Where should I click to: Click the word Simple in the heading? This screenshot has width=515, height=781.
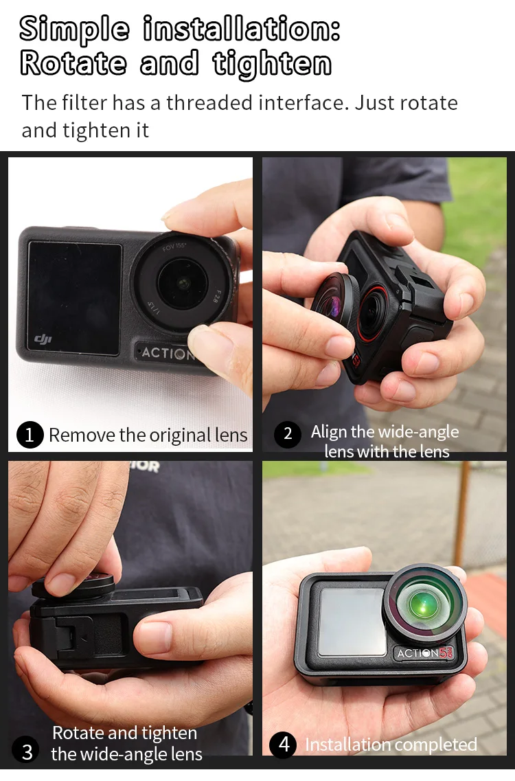pos(74,30)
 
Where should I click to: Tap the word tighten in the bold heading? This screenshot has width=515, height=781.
pos(272,65)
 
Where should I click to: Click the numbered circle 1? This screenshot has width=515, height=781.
pos(30,435)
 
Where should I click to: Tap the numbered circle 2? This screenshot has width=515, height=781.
pos(288,434)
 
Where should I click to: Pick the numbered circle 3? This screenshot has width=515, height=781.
pos(27,751)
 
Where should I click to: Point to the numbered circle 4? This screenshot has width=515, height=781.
pos(284,745)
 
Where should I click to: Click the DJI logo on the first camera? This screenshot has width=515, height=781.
pos(43,339)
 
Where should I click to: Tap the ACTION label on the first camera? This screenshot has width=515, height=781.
pos(166,353)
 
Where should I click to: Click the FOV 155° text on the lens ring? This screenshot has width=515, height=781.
pos(174,246)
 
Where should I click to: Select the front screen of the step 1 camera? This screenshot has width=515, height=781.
pos(74,298)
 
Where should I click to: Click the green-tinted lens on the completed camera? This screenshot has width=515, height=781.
pos(424,602)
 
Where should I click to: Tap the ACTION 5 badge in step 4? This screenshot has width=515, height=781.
pos(425,653)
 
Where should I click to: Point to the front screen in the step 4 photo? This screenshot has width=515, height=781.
pos(352,622)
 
